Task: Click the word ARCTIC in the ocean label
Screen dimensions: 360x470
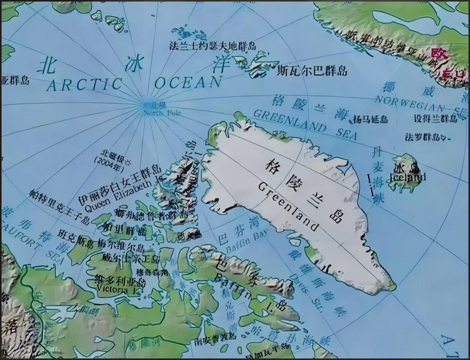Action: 84,85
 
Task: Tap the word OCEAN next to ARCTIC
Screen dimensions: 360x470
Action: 188,83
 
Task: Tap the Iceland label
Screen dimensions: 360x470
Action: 408,177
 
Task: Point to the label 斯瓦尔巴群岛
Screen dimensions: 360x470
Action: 312,70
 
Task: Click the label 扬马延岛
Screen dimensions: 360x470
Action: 370,119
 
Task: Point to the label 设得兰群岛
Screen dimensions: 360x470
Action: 435,119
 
